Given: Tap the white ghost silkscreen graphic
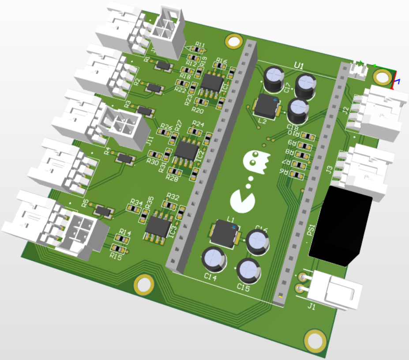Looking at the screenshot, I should coord(257,161).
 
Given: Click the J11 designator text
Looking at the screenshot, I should coord(150,142).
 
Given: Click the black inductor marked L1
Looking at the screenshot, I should coord(225,233).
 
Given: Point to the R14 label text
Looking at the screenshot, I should coord(125,232).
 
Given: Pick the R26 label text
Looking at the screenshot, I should coord(165,127).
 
